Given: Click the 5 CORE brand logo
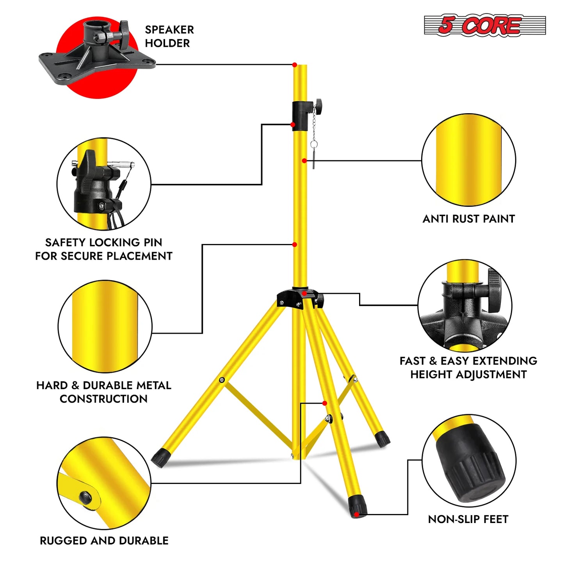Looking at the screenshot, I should [x=484, y=26].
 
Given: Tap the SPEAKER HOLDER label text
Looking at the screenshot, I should [x=169, y=36].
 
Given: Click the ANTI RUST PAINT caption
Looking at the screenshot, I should [x=468, y=219].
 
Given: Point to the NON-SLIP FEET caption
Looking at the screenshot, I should [x=468, y=519].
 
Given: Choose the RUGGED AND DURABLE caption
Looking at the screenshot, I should [x=104, y=541].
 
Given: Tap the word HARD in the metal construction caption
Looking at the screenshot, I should [x=52, y=386].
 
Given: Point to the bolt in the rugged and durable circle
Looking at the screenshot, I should [x=85, y=497].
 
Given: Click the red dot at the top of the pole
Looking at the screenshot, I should [x=295, y=65].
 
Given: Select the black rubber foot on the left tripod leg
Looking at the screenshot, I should [x=159, y=457].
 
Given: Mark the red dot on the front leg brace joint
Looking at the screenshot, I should [x=325, y=403].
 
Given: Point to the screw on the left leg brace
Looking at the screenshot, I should [x=222, y=380].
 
